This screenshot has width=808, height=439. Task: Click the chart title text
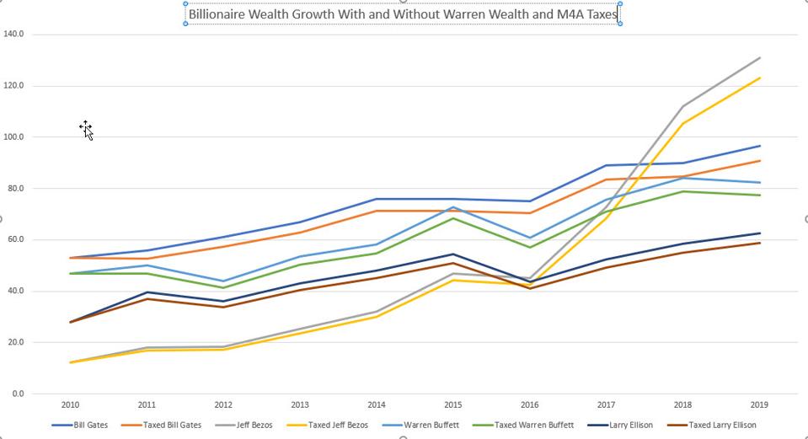403,14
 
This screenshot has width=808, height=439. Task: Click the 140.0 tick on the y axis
14,35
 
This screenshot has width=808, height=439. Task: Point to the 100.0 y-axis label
14,137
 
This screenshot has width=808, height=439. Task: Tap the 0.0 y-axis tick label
18,394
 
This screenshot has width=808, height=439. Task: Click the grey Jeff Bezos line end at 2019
760,58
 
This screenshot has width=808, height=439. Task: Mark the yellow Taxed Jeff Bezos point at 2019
760,78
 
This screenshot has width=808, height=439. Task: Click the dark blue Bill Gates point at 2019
760,146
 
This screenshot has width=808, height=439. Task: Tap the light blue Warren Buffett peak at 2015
453,207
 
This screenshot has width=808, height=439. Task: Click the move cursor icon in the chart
85,128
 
